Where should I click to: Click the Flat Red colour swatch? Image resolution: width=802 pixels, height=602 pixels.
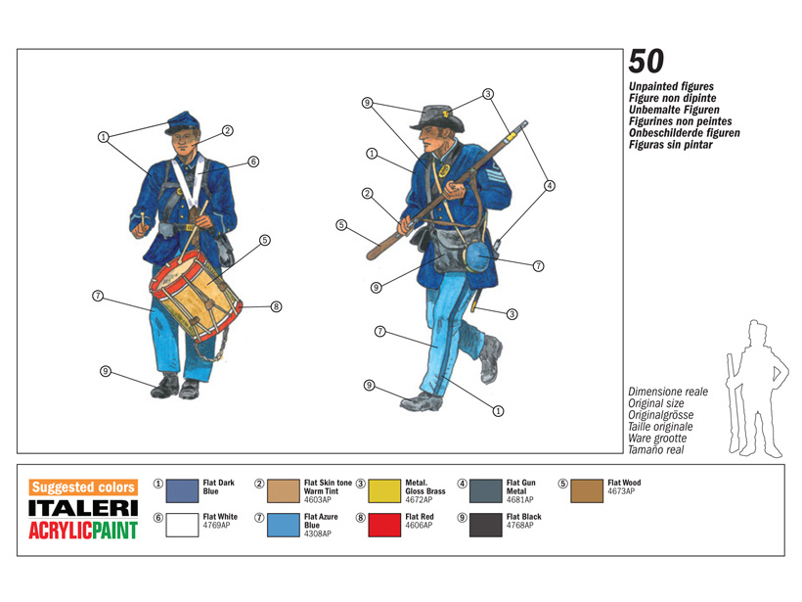coord(384,526)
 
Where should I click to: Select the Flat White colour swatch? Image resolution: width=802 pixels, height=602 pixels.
coord(182,526)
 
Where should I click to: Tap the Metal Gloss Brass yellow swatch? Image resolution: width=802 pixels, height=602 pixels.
coord(384,491)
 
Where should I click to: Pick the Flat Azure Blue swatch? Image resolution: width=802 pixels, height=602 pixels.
coord(284,526)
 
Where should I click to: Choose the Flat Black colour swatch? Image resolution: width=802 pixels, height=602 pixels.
coord(486,526)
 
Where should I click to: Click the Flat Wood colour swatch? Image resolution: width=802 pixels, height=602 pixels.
coord(587,491)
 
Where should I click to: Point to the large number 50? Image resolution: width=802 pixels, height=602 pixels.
coord(646,62)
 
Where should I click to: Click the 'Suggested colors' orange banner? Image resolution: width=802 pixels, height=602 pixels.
coord(83,486)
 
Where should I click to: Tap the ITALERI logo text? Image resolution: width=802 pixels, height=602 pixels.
coord(83,508)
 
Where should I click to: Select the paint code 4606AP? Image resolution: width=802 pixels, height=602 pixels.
coord(419,526)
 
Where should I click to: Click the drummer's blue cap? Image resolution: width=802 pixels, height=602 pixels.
coord(183,123)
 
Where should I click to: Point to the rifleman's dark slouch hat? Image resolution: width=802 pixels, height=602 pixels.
coord(437,118)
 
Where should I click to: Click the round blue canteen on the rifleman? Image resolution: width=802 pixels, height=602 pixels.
coord(477,256)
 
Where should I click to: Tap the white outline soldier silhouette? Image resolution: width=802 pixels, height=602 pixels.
coord(756,389)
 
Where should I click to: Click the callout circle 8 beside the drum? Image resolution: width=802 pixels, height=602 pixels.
coord(276,306)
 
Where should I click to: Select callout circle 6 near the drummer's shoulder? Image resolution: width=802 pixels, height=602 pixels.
coord(253,162)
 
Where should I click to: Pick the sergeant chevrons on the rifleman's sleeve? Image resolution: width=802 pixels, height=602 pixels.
coord(498,172)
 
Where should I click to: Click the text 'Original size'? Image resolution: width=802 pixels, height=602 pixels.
coord(655,403)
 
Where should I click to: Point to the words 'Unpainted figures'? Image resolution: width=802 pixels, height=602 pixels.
coord(671,86)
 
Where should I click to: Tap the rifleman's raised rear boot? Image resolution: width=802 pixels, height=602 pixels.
coord(491,359)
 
